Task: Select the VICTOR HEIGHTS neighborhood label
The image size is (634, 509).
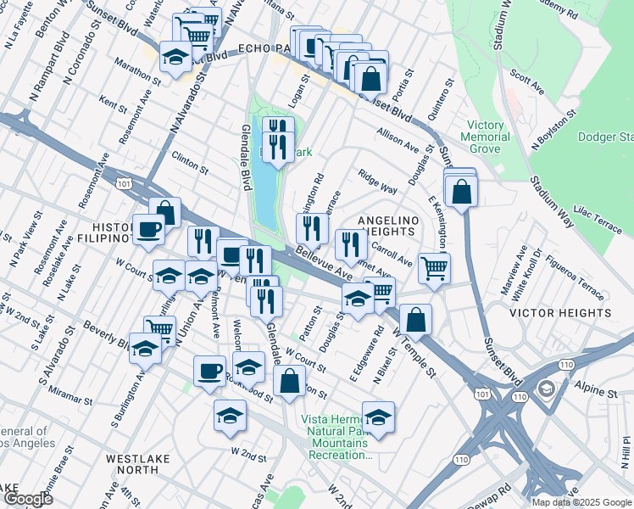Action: pos(555,313)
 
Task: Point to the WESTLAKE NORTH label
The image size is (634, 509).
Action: pos(144,464)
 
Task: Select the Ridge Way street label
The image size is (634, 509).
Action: pos(377,184)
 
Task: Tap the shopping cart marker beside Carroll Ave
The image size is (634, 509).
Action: pos(434,268)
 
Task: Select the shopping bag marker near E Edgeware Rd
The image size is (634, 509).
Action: pos(415,320)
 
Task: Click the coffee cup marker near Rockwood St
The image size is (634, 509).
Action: pos(209,371)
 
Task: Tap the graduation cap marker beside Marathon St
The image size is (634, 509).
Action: pos(175,57)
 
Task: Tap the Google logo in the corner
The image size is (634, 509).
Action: pos(28,499)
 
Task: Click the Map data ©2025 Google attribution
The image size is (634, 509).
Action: pos(581,502)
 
